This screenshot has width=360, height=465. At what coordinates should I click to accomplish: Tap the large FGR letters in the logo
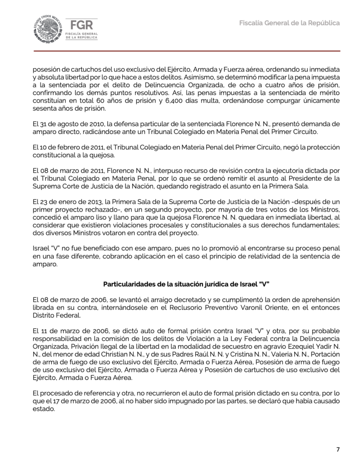point(79,25)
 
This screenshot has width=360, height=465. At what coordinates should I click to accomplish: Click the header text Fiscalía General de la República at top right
point(290,23)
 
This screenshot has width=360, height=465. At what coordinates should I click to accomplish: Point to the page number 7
point(337,450)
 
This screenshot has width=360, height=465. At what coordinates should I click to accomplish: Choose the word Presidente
point(301,178)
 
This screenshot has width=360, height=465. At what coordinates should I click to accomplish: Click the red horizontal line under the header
point(180,51)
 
